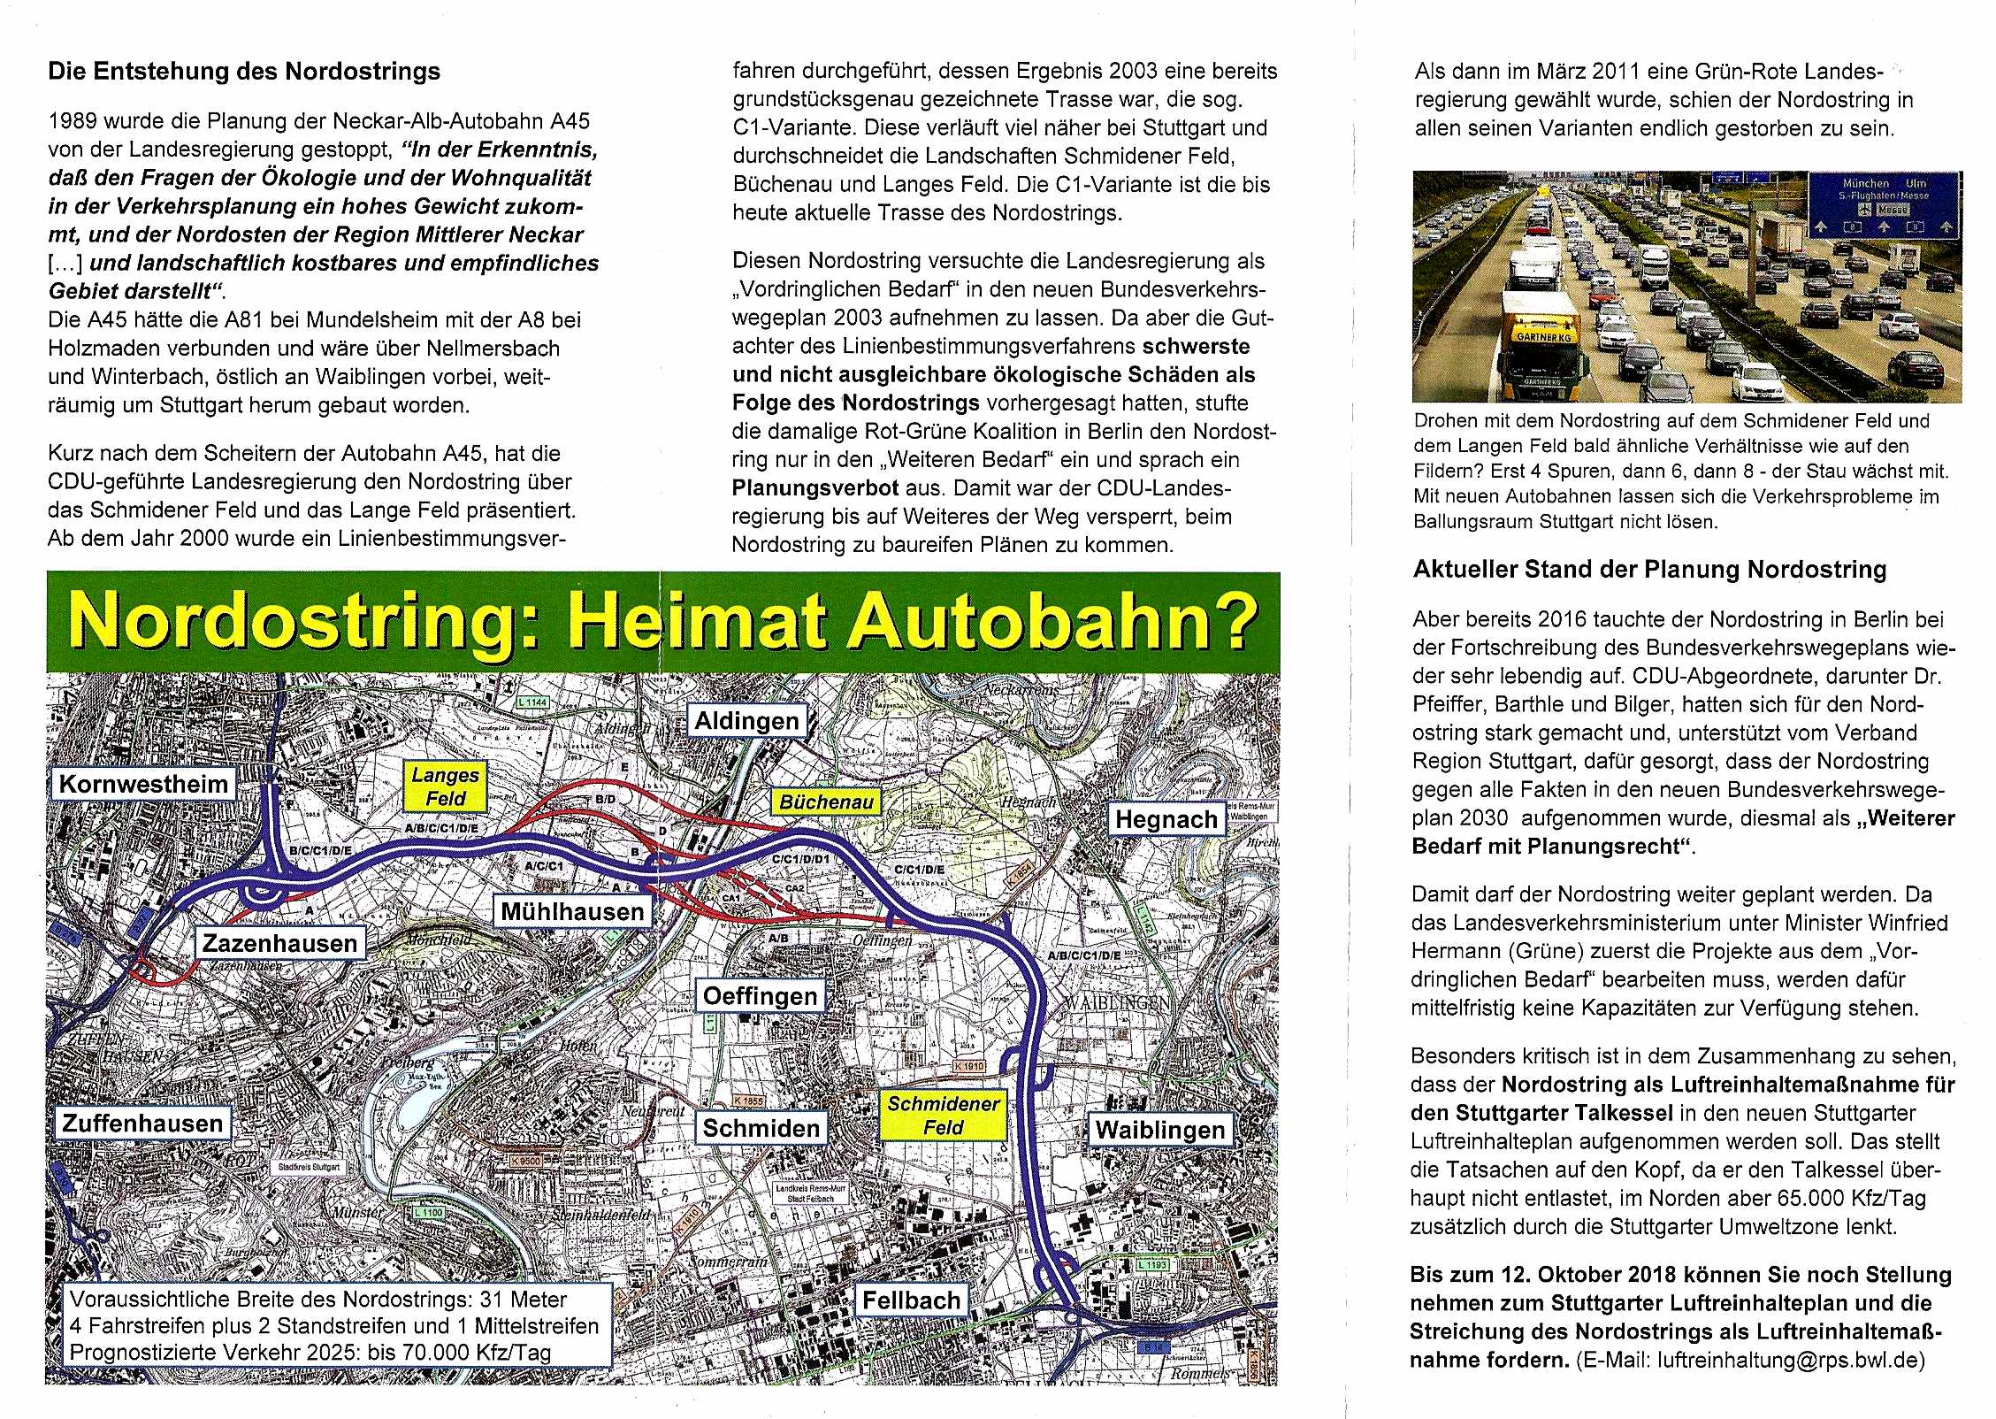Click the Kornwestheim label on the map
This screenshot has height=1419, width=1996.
pyautogui.click(x=143, y=784)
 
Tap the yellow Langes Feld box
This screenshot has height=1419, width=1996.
pyautogui.click(x=445, y=786)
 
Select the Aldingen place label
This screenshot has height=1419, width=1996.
pyautogui.click(x=746, y=721)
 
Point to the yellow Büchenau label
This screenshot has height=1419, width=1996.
pyautogui.click(x=826, y=802)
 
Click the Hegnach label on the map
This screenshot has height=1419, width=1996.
pyautogui.click(x=1166, y=819)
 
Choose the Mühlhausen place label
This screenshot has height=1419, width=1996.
pyautogui.click(x=572, y=911)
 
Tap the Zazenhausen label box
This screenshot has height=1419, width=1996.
pyautogui.click(x=279, y=943)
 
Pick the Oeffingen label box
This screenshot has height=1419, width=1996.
pyautogui.click(x=760, y=996)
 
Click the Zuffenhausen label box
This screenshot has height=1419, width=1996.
pyautogui.click(x=142, y=1124)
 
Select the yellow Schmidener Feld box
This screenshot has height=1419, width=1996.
pyautogui.click(x=943, y=1116)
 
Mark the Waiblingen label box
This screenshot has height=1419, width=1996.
pyautogui.click(x=1159, y=1130)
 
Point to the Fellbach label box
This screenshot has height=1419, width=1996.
pyautogui.click(x=911, y=1300)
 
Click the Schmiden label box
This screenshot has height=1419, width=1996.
pyautogui.click(x=761, y=1128)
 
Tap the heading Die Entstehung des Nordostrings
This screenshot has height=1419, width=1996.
pyautogui.click(x=244, y=72)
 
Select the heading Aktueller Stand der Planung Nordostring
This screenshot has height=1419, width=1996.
pyautogui.click(x=1649, y=569)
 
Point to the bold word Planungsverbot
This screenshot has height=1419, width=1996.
pyautogui.click(x=814, y=488)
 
